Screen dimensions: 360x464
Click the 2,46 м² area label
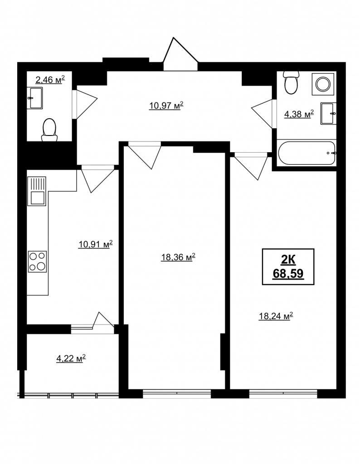50,80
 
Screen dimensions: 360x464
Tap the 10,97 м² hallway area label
166,105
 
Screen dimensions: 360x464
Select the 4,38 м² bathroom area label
299,114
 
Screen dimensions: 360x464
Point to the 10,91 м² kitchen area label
95,244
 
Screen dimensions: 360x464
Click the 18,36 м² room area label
178,257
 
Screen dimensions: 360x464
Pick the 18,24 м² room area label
276,316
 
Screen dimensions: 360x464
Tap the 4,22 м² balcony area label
71,359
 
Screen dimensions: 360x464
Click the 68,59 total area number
288,273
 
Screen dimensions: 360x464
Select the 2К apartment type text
288,260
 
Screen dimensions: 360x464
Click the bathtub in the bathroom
306,153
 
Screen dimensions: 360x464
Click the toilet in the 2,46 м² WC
49,130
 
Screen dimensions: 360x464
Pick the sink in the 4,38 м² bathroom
329,114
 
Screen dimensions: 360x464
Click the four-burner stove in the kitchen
37,261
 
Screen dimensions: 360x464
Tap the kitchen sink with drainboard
37,191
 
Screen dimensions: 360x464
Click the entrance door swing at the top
180,54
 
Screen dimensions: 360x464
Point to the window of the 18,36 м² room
177,393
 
